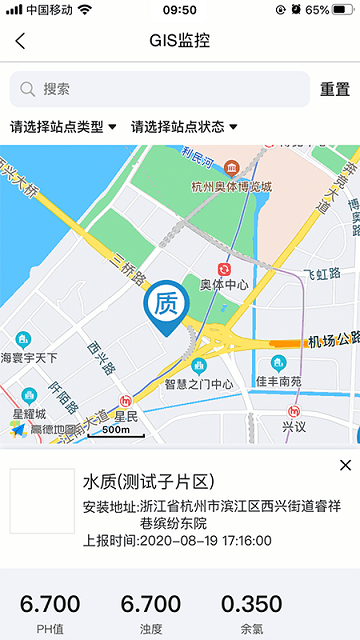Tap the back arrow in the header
pyautogui.click(x=20, y=41)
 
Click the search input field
pyautogui.click(x=160, y=89)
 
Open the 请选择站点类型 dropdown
pyautogui.click(x=63, y=127)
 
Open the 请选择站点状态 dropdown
pyautogui.click(x=184, y=127)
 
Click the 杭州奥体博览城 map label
pyautogui.click(x=231, y=185)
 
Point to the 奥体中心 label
pyautogui.click(x=224, y=285)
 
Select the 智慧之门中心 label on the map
pyautogui.click(x=199, y=384)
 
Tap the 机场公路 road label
pyautogui.click(x=333, y=340)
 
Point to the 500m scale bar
pyautogui.click(x=116, y=431)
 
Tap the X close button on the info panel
pyautogui.click(x=346, y=465)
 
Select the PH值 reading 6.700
pyautogui.click(x=50, y=604)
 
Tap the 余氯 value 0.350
pyautogui.click(x=251, y=604)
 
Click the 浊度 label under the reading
pyautogui.click(x=151, y=629)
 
